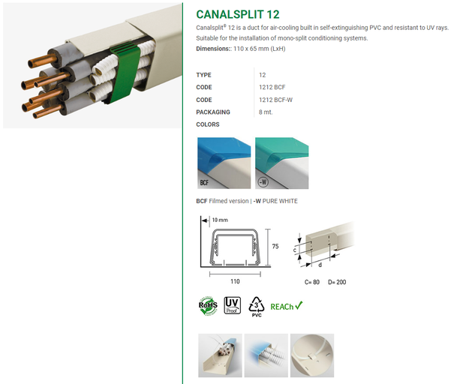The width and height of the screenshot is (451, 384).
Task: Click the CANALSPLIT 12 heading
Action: (x=238, y=14)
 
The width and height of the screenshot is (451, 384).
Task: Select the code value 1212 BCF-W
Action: (x=275, y=100)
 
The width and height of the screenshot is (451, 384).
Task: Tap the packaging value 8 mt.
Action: (x=265, y=112)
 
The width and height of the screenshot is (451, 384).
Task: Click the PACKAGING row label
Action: (x=213, y=112)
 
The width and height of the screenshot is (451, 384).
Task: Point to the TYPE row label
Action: (x=203, y=75)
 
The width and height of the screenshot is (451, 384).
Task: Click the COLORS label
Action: (x=208, y=124)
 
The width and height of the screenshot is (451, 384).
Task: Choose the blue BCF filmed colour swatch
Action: (x=224, y=163)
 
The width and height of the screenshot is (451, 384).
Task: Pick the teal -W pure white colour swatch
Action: (x=282, y=163)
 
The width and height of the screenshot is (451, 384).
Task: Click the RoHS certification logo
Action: (x=208, y=306)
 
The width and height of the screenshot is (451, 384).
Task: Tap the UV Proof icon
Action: (x=232, y=305)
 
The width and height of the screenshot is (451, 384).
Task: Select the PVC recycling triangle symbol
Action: (x=257, y=307)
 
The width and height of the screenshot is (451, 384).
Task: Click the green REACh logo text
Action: (x=287, y=307)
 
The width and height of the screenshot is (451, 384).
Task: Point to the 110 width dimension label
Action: (x=235, y=281)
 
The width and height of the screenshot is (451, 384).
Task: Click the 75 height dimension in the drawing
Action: (x=275, y=246)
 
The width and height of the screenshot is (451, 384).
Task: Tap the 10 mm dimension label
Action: (x=220, y=220)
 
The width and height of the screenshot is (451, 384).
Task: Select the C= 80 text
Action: (x=312, y=282)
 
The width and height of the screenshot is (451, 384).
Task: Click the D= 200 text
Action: (x=337, y=282)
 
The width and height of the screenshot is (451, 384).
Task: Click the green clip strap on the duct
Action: (x=124, y=73)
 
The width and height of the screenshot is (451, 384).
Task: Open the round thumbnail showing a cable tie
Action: (x=312, y=355)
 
